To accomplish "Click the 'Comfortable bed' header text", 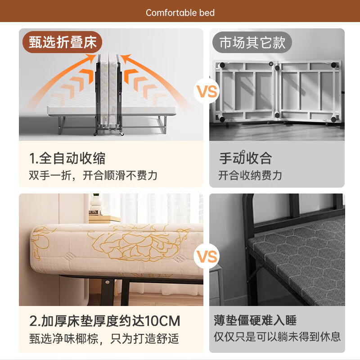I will tap(180, 13).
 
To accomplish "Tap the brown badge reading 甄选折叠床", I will tap(63, 42).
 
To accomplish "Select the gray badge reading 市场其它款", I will tap(252, 42).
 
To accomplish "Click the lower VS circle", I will tap(206, 257).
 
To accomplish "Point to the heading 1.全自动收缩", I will tap(67, 158).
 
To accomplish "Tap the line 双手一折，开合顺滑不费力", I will tap(93, 175).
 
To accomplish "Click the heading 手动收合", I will tap(245, 158).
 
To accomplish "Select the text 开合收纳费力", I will tap(250, 175).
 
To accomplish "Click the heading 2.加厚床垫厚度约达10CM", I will tap(104, 321).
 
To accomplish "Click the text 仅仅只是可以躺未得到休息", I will tap(277, 336).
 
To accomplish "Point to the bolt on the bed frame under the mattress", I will tap(108, 282).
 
